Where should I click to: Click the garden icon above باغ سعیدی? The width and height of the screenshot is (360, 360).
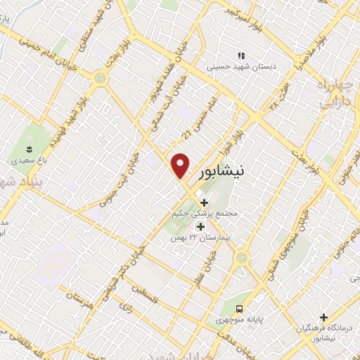point(29,148)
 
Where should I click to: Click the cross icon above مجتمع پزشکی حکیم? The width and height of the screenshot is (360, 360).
point(204,203)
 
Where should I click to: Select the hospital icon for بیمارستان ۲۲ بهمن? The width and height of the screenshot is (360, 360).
point(200,226)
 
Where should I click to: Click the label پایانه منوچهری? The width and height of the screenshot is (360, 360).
point(239,320)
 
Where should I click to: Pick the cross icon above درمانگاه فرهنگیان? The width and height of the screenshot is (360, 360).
point(323,316)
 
